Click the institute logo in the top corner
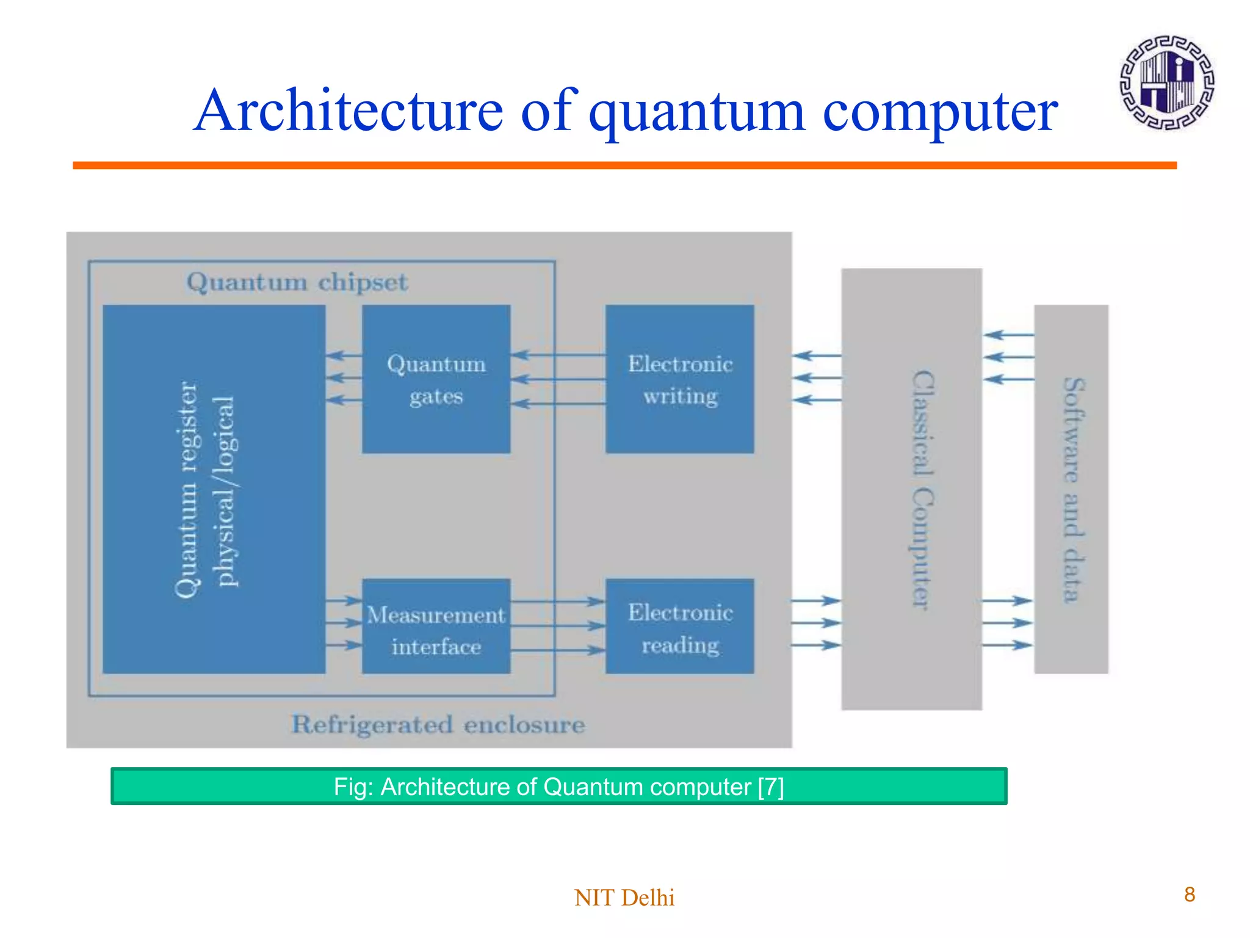point(1166,83)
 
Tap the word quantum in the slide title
point(696,113)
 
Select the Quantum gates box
point(436,379)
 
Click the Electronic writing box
point(679,379)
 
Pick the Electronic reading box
point(679,627)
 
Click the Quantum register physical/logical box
point(214,489)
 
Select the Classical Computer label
point(922,489)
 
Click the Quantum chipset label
point(297,282)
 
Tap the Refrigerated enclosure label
point(438,725)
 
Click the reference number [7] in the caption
point(770,787)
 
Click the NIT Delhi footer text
point(624,898)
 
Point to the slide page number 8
point(1189,895)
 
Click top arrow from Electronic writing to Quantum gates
point(558,355)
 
